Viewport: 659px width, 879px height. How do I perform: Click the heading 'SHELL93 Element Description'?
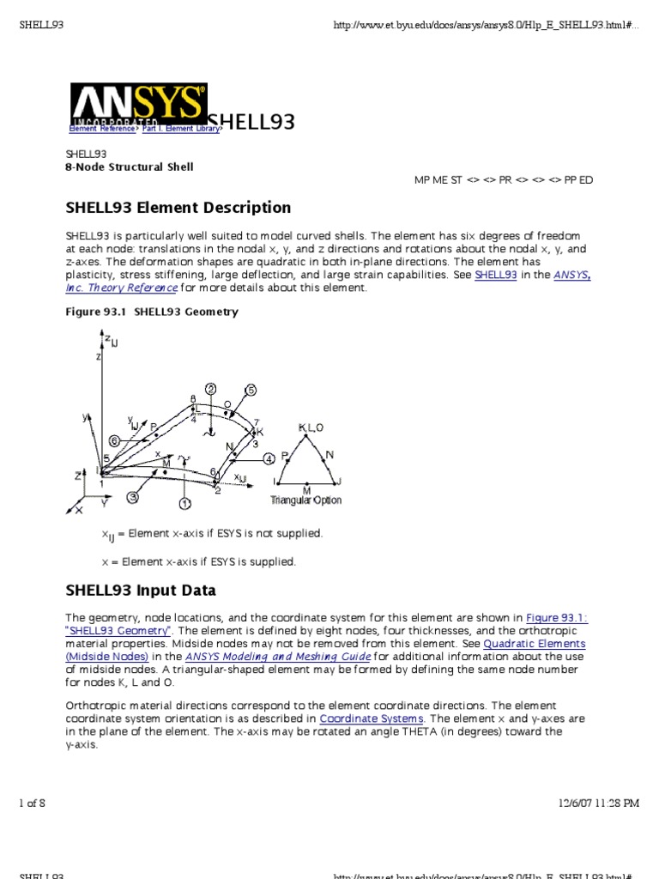pyautogui.click(x=178, y=208)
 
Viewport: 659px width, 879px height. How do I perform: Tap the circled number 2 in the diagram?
pyautogui.click(x=210, y=389)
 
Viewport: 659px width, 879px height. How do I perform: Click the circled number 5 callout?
pyautogui.click(x=251, y=390)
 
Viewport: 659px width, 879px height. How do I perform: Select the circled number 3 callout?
pyautogui.click(x=132, y=496)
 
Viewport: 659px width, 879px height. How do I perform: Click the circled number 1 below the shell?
pyautogui.click(x=185, y=502)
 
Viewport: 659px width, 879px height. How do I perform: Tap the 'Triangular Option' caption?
pyautogui.click(x=305, y=500)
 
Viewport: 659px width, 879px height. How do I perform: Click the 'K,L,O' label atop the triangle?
pyautogui.click(x=311, y=427)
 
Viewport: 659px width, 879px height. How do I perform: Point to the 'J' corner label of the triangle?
pyautogui.click(x=340, y=482)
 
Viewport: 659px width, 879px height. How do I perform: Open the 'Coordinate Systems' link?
pyautogui.click(x=372, y=718)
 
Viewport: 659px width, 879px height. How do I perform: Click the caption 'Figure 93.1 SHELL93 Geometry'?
pyautogui.click(x=152, y=312)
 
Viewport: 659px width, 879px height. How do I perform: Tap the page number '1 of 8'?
pyautogui.click(x=32, y=803)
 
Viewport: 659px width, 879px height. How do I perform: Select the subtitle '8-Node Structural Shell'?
pyautogui.click(x=130, y=167)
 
